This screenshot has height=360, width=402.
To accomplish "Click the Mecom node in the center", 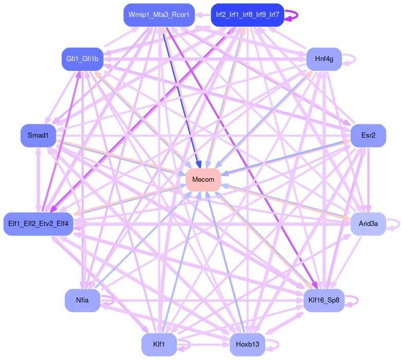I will (203, 179).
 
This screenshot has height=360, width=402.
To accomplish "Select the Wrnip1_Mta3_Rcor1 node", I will (159, 15).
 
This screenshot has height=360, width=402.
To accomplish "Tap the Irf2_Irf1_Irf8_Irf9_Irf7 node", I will (247, 15).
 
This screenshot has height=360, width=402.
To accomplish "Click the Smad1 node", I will (38, 136).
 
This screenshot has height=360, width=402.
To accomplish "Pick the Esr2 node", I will (368, 136).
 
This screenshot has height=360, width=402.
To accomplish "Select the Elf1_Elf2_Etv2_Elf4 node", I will (39, 223).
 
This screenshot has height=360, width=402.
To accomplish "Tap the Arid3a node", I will (368, 223).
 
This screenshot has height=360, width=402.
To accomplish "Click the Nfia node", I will (82, 300).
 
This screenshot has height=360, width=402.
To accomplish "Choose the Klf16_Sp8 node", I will (324, 300).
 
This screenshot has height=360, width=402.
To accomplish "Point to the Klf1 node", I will (159, 344).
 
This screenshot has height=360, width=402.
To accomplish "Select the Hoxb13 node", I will (247, 344).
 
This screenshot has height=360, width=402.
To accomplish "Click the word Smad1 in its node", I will (38, 136).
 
